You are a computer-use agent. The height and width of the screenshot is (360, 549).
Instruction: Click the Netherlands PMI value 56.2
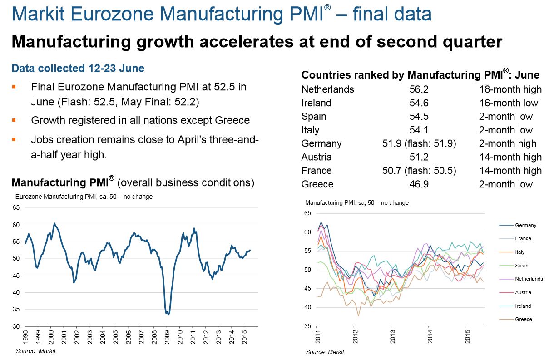[419, 89]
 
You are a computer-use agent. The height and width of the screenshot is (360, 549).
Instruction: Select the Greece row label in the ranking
[317, 184]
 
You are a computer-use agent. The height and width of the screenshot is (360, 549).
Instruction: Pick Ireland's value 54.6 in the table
[419, 103]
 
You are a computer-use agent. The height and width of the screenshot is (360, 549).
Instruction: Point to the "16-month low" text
[509, 103]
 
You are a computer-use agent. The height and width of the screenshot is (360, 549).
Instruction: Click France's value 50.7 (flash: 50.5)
[419, 171]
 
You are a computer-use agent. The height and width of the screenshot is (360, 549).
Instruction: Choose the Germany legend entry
[525, 225]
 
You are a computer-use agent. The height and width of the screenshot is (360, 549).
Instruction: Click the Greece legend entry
[523, 319]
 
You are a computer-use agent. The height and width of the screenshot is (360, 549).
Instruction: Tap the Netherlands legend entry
[529, 279]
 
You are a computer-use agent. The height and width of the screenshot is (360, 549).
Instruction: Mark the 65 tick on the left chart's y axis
[16, 208]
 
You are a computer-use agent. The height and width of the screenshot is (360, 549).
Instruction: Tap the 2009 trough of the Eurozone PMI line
[168, 314]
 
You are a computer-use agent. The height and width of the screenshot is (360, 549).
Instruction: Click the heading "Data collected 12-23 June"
[78, 69]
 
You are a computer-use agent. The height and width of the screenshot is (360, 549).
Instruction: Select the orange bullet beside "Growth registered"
[14, 120]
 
